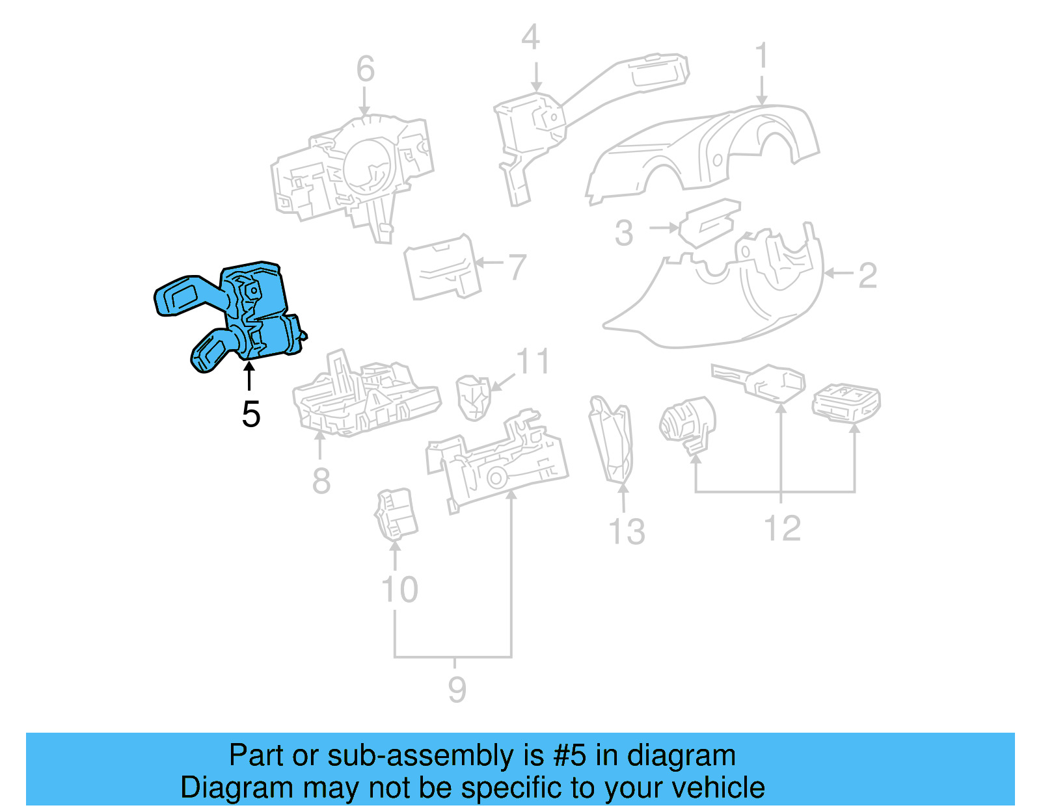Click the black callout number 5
point(250,414)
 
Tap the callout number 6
point(366,69)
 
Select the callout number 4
point(530,38)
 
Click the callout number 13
point(627,531)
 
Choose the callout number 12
point(782,528)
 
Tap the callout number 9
point(457,689)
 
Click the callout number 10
point(399,590)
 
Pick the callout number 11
point(533,361)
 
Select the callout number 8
point(321,481)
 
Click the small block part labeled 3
point(709,221)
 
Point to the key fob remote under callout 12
point(846,400)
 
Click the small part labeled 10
point(396,514)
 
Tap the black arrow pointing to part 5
point(249,377)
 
